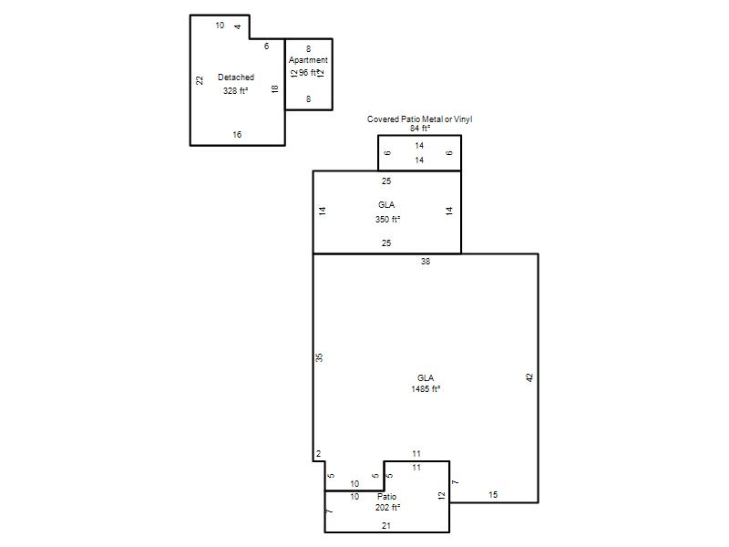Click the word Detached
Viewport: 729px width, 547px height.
[x=236, y=77]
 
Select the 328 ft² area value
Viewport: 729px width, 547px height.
[x=235, y=90]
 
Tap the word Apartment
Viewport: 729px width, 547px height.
[x=308, y=60]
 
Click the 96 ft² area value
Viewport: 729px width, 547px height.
[x=308, y=73]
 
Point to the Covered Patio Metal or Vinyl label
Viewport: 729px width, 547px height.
[x=419, y=119]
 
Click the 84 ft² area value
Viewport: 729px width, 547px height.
[x=420, y=128]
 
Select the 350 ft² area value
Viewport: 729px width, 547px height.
[x=388, y=219]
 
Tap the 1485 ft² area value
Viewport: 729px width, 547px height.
[x=426, y=389]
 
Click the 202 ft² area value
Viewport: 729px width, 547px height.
[x=388, y=508]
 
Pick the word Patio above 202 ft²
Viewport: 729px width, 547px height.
[x=386, y=497]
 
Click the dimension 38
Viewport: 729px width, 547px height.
[x=426, y=262]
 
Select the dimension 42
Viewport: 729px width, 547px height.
[x=529, y=377]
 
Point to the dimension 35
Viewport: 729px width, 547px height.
[x=319, y=357]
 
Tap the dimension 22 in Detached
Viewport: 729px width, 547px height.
[x=200, y=80]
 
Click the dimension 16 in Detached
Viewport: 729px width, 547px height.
[x=237, y=134]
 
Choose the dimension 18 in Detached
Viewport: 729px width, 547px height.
[x=275, y=88]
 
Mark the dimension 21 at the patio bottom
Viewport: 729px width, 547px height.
[x=386, y=526]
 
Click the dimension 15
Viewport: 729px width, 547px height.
[x=493, y=494]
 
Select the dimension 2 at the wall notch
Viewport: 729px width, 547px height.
[x=318, y=453]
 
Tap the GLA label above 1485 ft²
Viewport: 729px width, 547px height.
[x=426, y=378]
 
